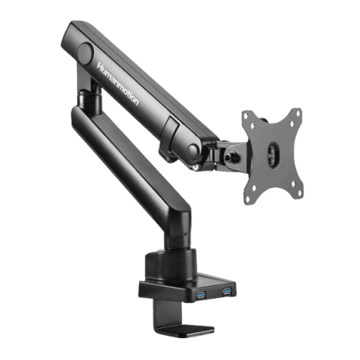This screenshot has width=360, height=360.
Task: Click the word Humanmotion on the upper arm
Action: pos(117,84)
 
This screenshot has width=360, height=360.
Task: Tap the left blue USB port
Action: pos(200,295)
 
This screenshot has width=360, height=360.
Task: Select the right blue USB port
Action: pos(227,291)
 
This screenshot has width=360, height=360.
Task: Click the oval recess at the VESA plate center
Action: pos(273,151)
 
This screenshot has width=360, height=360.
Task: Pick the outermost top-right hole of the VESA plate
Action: pos(298,113)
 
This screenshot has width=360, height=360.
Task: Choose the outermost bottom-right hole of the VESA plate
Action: pos(299,194)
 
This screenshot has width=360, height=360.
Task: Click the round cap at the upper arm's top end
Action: pos(85,52)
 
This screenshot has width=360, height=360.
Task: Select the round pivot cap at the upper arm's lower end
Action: pos(193,151)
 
